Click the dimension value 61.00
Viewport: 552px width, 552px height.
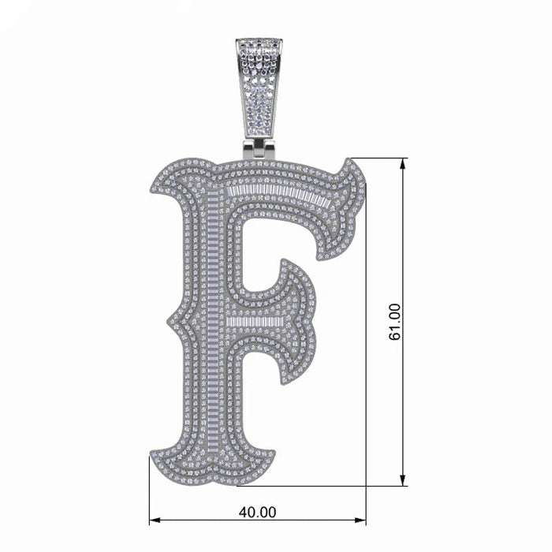coord(395,322)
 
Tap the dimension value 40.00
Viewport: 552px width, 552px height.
coord(257,511)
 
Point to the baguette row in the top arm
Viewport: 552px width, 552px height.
coord(276,193)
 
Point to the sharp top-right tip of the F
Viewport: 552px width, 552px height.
coord(352,161)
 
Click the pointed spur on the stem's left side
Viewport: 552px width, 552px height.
coord(168,322)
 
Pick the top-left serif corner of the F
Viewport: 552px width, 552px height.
coord(151,185)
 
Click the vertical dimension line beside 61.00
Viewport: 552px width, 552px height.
coord(404,237)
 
